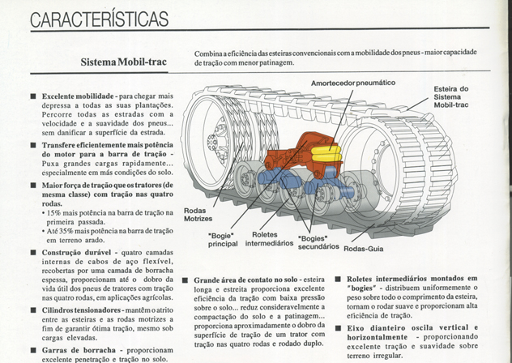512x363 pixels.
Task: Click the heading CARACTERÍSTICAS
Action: pyautogui.click(x=100, y=19)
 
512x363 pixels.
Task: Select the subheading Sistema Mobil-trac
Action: pyautogui.click(x=124, y=62)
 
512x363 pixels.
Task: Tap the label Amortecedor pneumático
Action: pyautogui.click(x=353, y=83)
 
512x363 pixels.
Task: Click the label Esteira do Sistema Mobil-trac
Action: pyautogui.click(x=451, y=96)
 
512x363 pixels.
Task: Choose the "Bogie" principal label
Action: pyautogui.click(x=223, y=240)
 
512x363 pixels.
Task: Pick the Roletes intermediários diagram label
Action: pyautogui.click(x=269, y=239)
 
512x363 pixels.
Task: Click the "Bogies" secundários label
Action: pyautogui.click(x=318, y=242)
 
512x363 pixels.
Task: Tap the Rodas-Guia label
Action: pyautogui.click(x=364, y=249)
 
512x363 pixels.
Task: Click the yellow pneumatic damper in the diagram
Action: pyautogui.click(x=326, y=154)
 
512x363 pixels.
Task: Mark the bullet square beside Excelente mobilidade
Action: pyautogui.click(x=33, y=96)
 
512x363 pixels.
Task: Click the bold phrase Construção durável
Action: pyautogui.click(x=77, y=253)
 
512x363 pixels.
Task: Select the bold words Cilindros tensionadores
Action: pyautogui.click(x=81, y=310)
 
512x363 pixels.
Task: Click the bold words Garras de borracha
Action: pyautogui.click(x=79, y=350)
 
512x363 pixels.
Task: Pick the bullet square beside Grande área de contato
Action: pyautogui.click(x=186, y=280)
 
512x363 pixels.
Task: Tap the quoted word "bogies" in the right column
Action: pyautogui.click(x=361, y=288)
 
